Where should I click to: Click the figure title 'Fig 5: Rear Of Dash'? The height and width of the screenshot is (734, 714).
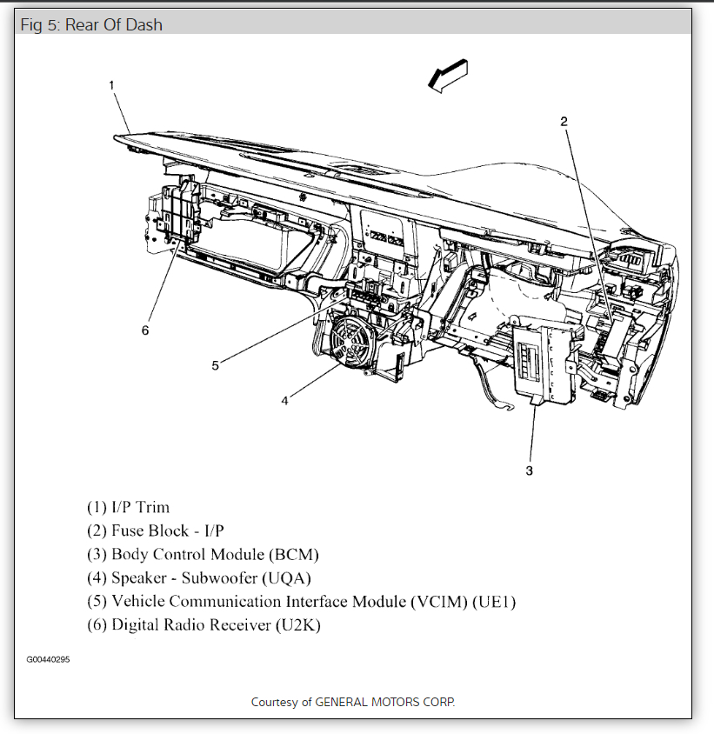tap(91, 24)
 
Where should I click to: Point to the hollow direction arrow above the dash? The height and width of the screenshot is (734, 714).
tap(448, 76)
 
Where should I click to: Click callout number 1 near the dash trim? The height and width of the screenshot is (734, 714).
tap(112, 84)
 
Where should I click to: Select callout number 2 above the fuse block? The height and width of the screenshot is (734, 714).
tap(564, 121)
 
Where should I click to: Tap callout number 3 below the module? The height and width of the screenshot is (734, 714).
tap(529, 470)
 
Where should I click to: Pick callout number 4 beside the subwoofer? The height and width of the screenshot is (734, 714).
tap(284, 401)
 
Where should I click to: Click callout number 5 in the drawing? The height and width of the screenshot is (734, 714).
tap(216, 365)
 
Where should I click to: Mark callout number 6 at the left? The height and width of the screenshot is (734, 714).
tap(145, 330)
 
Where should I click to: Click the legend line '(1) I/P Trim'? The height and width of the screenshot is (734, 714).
tap(128, 507)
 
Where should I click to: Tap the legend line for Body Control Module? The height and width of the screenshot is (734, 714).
tap(203, 554)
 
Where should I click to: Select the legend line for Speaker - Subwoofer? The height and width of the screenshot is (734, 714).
tap(198, 577)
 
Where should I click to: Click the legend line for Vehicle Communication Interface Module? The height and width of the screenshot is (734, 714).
tap(301, 601)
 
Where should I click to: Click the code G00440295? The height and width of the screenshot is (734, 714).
tap(48, 660)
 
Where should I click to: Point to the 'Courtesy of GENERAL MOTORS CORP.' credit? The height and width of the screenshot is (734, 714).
tap(352, 702)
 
